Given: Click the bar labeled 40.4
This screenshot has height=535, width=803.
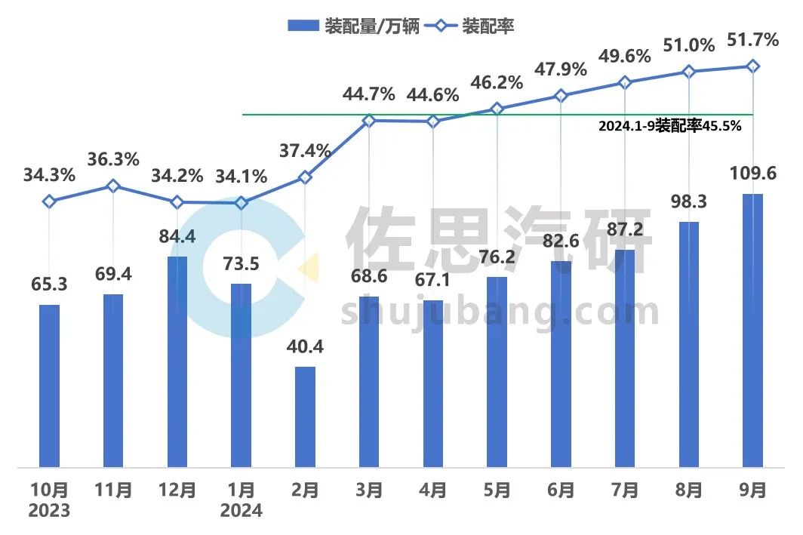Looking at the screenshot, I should point(305,416).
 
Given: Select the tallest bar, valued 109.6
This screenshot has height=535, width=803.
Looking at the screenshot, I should point(752,330).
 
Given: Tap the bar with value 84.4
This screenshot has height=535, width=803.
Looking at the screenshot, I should point(177,361).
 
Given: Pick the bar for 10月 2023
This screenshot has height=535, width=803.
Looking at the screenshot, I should point(49,385).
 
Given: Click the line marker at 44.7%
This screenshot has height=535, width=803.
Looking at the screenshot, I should point(369,121).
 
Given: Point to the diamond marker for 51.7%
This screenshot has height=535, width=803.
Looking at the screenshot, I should point(752,66).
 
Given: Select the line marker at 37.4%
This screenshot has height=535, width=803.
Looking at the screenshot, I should point(305,177).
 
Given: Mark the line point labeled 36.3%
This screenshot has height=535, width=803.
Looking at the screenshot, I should point(113,186).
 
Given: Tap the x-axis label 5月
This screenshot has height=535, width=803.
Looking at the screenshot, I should point(497,490).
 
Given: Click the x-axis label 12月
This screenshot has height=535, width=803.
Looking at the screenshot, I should point(177,490).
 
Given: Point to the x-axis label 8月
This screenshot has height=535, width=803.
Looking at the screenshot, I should point(688,490).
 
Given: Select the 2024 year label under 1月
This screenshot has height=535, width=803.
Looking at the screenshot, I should point(241,511).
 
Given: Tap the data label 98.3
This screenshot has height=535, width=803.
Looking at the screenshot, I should point(688,202).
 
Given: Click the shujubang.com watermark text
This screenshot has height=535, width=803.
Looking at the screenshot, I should point(500,312).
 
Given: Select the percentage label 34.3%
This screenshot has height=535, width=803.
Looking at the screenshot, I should point(49,177).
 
